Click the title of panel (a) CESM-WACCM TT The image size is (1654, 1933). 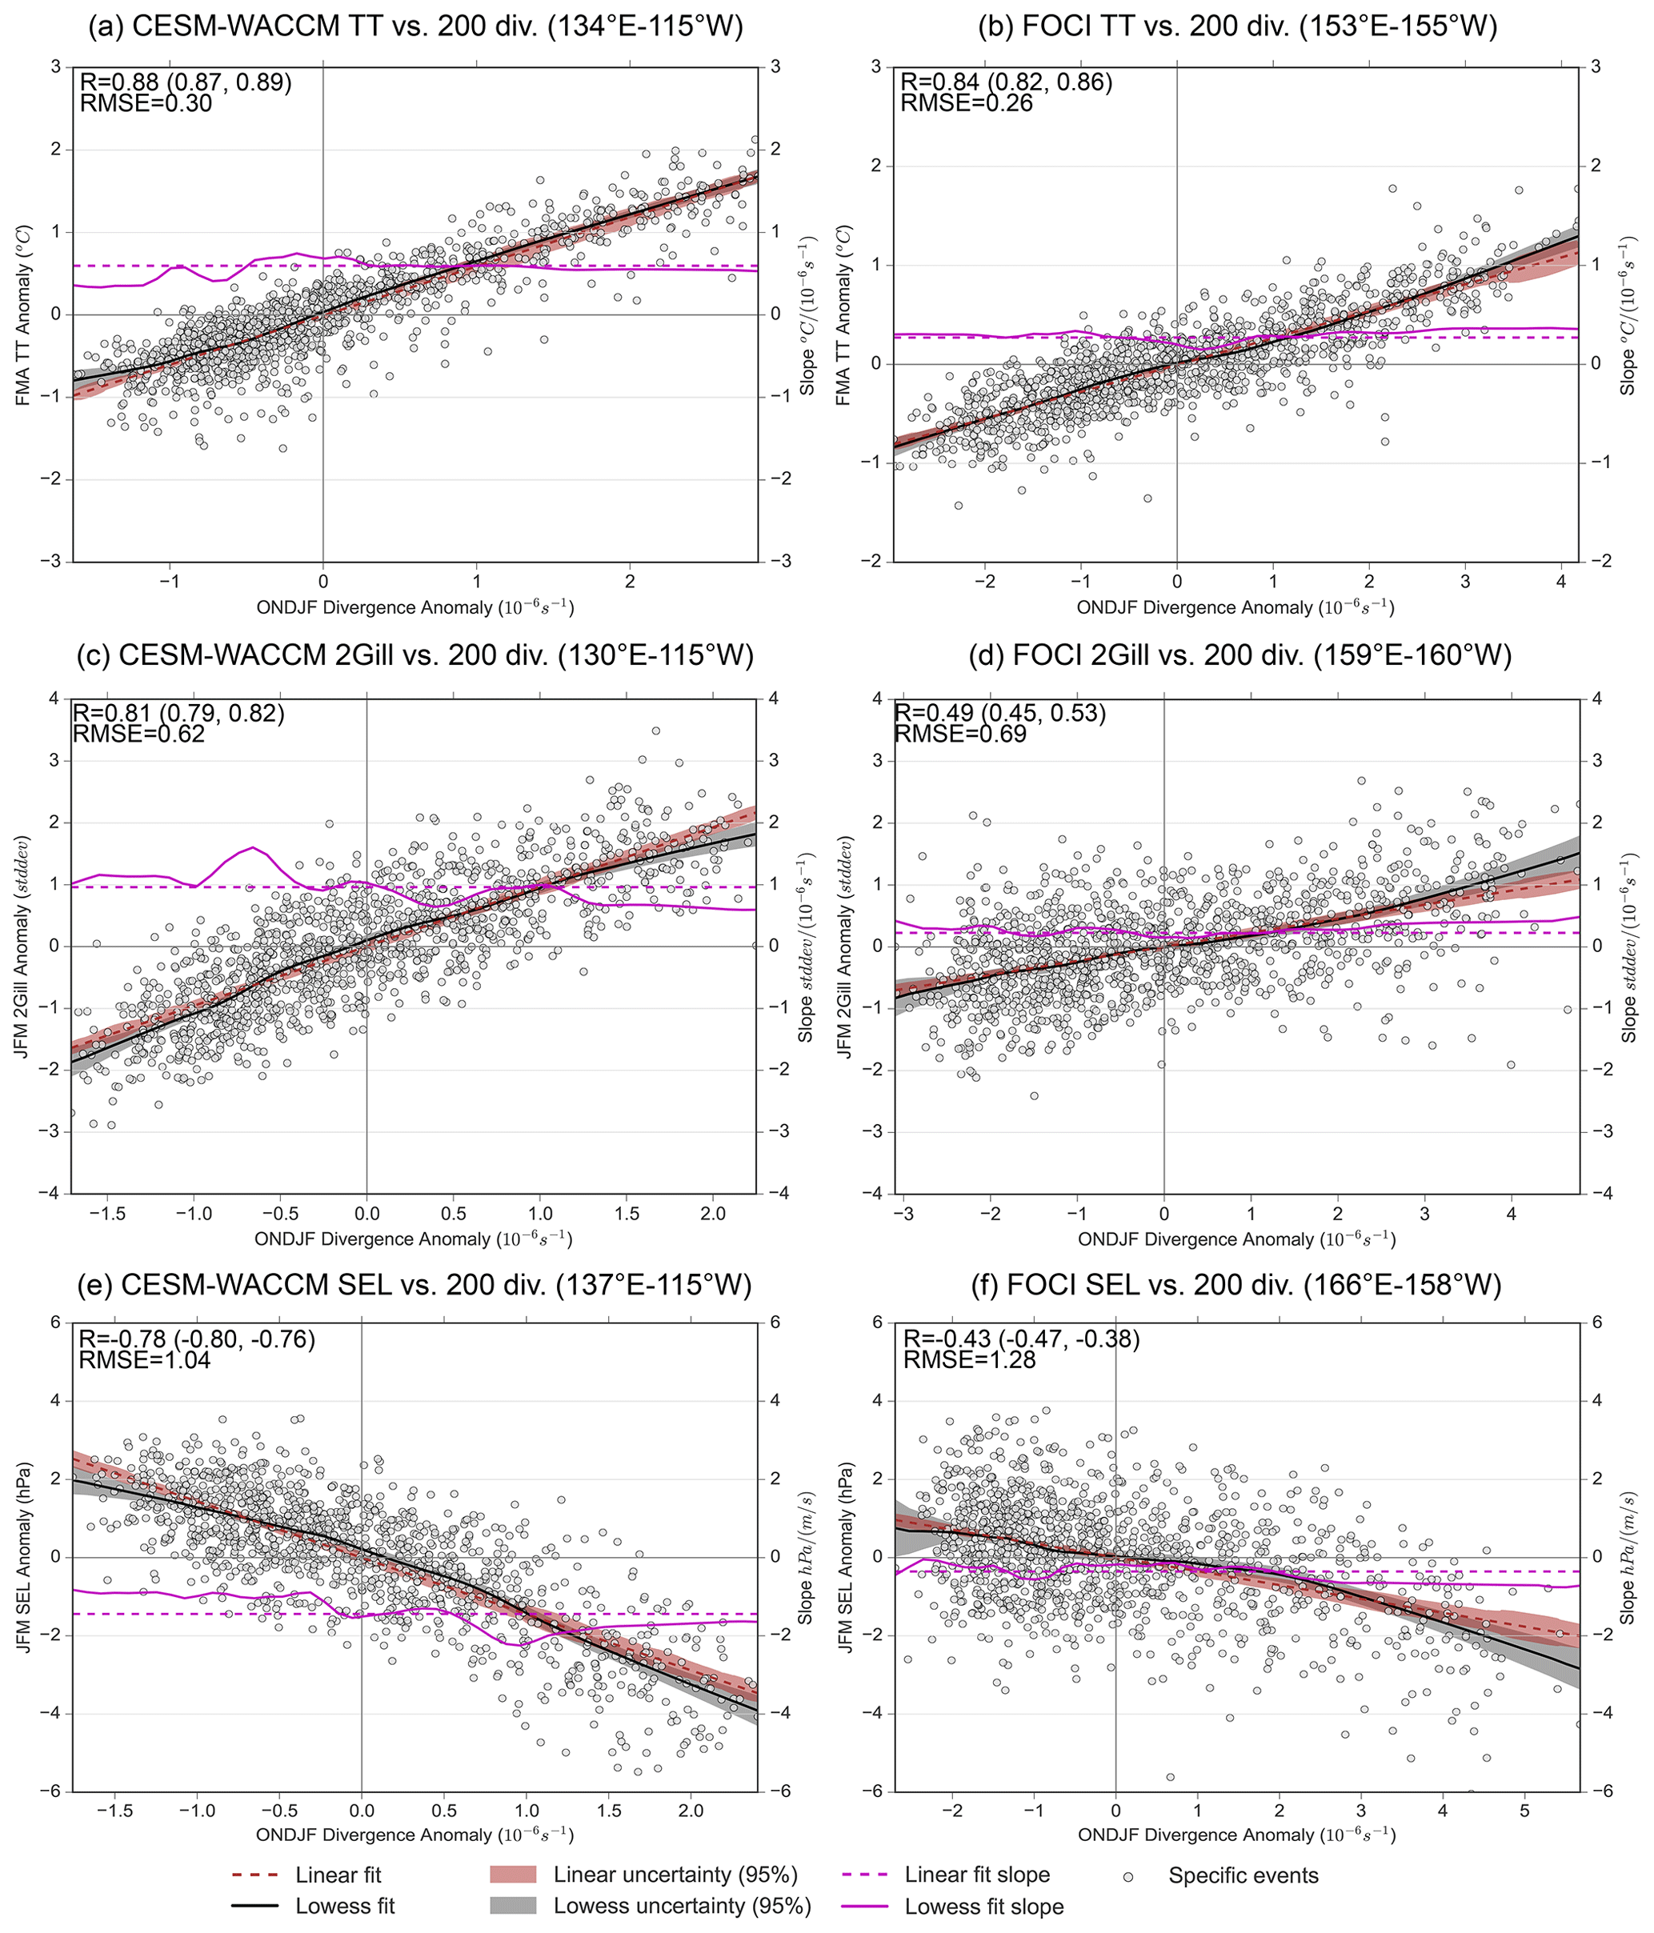(415, 26)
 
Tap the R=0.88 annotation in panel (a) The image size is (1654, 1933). (186, 82)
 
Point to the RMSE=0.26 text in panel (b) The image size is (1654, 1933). (967, 102)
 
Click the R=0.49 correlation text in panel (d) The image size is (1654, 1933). (1000, 713)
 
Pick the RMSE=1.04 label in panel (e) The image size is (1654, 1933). (145, 1359)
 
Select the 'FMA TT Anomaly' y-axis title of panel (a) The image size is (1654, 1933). (23, 314)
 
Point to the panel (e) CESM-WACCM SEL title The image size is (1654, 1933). (415, 1286)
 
